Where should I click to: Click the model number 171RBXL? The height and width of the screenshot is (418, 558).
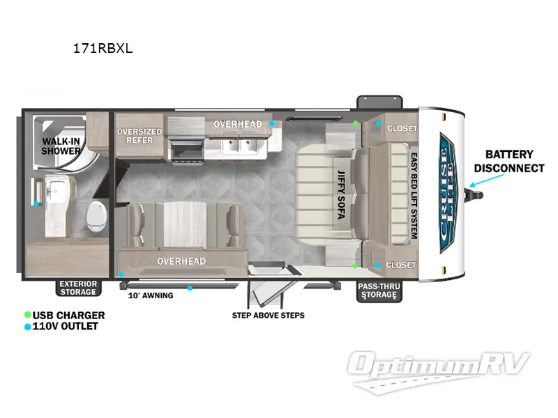(x=103, y=48)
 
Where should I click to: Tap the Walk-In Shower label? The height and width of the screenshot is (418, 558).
(x=61, y=146)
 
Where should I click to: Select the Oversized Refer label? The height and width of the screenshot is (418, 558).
(x=139, y=136)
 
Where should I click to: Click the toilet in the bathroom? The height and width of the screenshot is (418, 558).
(x=96, y=216)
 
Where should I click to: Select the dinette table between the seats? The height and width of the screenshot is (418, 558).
(x=185, y=224)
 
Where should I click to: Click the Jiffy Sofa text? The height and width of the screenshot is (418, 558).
(x=341, y=194)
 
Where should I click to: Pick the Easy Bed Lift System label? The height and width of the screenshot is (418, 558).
(x=414, y=196)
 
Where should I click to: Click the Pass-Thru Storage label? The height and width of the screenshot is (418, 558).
(x=379, y=291)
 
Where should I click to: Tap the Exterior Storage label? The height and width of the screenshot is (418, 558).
(x=78, y=288)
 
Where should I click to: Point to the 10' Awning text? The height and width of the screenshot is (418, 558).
(x=151, y=295)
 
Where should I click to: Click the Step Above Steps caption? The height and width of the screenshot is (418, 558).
(x=269, y=316)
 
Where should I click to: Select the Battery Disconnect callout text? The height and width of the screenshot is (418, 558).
(x=509, y=161)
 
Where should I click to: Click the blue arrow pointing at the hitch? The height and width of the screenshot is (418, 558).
(x=486, y=180)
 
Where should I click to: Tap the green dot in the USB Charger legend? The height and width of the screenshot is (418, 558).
(x=27, y=315)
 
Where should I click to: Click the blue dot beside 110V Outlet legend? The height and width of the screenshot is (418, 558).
(x=27, y=327)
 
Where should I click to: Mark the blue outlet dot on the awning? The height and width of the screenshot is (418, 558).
(x=190, y=288)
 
